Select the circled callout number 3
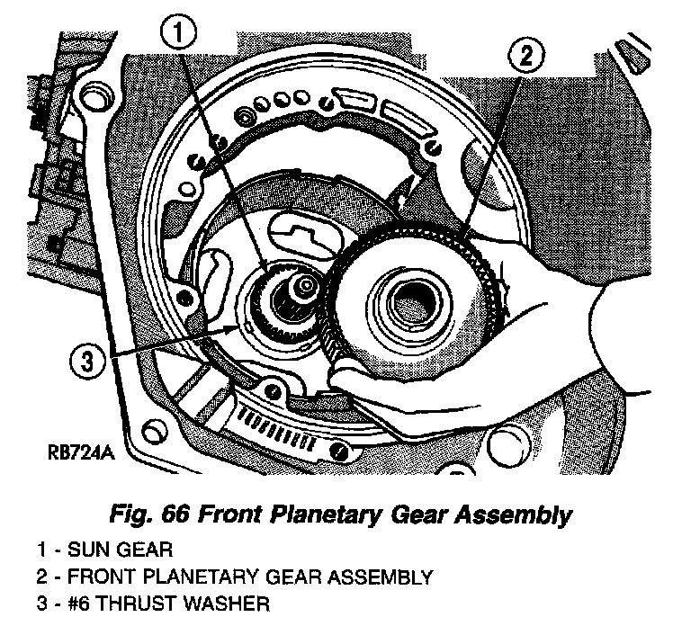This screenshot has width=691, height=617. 87,363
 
